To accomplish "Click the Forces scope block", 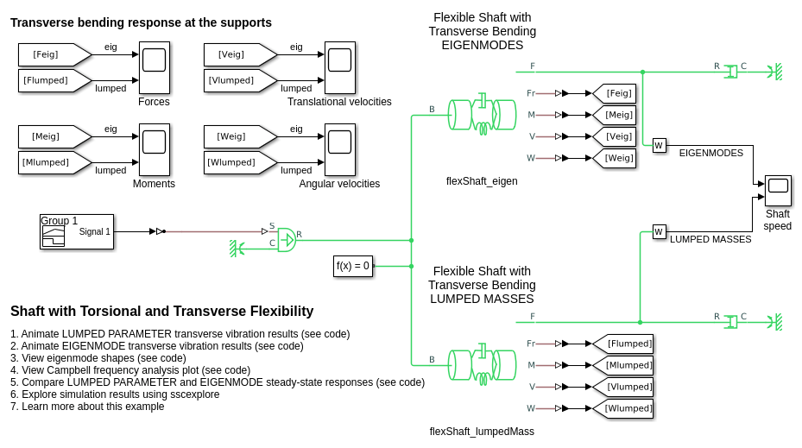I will pyautogui.click(x=155, y=67).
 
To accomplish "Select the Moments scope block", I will pyautogui.click(x=155, y=150).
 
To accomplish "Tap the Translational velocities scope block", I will pyautogui.click(x=340, y=67).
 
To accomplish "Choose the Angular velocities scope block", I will pyautogui.click(x=340, y=150).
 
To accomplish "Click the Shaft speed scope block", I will pyautogui.click(x=778, y=191).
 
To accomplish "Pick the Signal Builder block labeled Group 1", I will pyautogui.click(x=77, y=231).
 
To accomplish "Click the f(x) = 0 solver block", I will pyautogui.click(x=353, y=266).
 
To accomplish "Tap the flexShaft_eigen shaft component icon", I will pyautogui.click(x=482, y=115).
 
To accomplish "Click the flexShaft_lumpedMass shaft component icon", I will pyautogui.click(x=482, y=365).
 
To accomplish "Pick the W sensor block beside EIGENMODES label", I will pyautogui.click(x=659, y=145).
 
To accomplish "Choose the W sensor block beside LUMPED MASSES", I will pyautogui.click(x=659, y=231).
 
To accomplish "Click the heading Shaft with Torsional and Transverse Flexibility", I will pyautogui.click(x=161, y=312).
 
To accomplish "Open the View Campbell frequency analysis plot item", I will pyautogui.click(x=130, y=370).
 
